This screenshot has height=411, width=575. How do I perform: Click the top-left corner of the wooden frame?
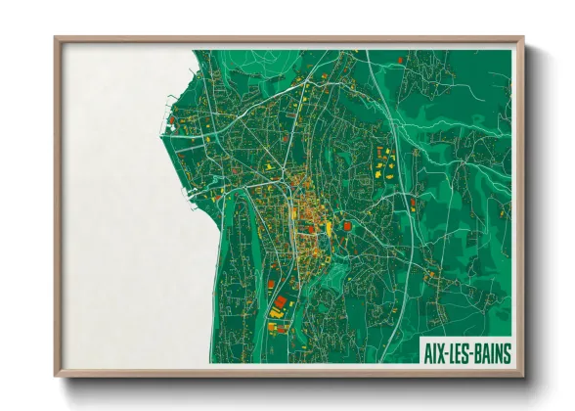coord(56,38)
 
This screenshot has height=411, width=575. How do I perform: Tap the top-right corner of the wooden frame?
coord(522,38)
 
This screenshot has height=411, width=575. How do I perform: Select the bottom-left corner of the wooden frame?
coord(56,375)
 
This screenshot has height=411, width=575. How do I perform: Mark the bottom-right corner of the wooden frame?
coord(522,375)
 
